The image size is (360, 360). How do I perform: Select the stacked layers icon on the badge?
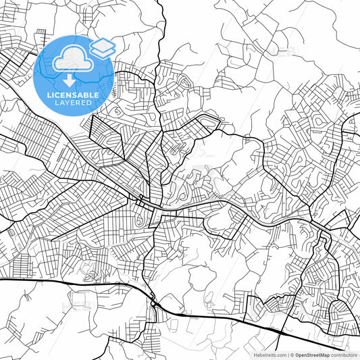tap(103, 47)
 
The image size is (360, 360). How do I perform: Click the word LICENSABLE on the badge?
tap(73, 95)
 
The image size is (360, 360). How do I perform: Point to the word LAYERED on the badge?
tap(73, 103)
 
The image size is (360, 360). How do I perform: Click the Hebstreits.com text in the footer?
tap(269, 355)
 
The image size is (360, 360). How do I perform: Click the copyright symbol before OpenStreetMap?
tap(292, 355)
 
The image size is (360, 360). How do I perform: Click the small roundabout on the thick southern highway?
tap(155, 305)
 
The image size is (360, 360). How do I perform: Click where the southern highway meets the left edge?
tap(1, 279)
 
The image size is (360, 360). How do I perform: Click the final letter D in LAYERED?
tap(93, 103)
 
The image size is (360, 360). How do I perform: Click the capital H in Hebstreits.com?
tap(254, 355)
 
